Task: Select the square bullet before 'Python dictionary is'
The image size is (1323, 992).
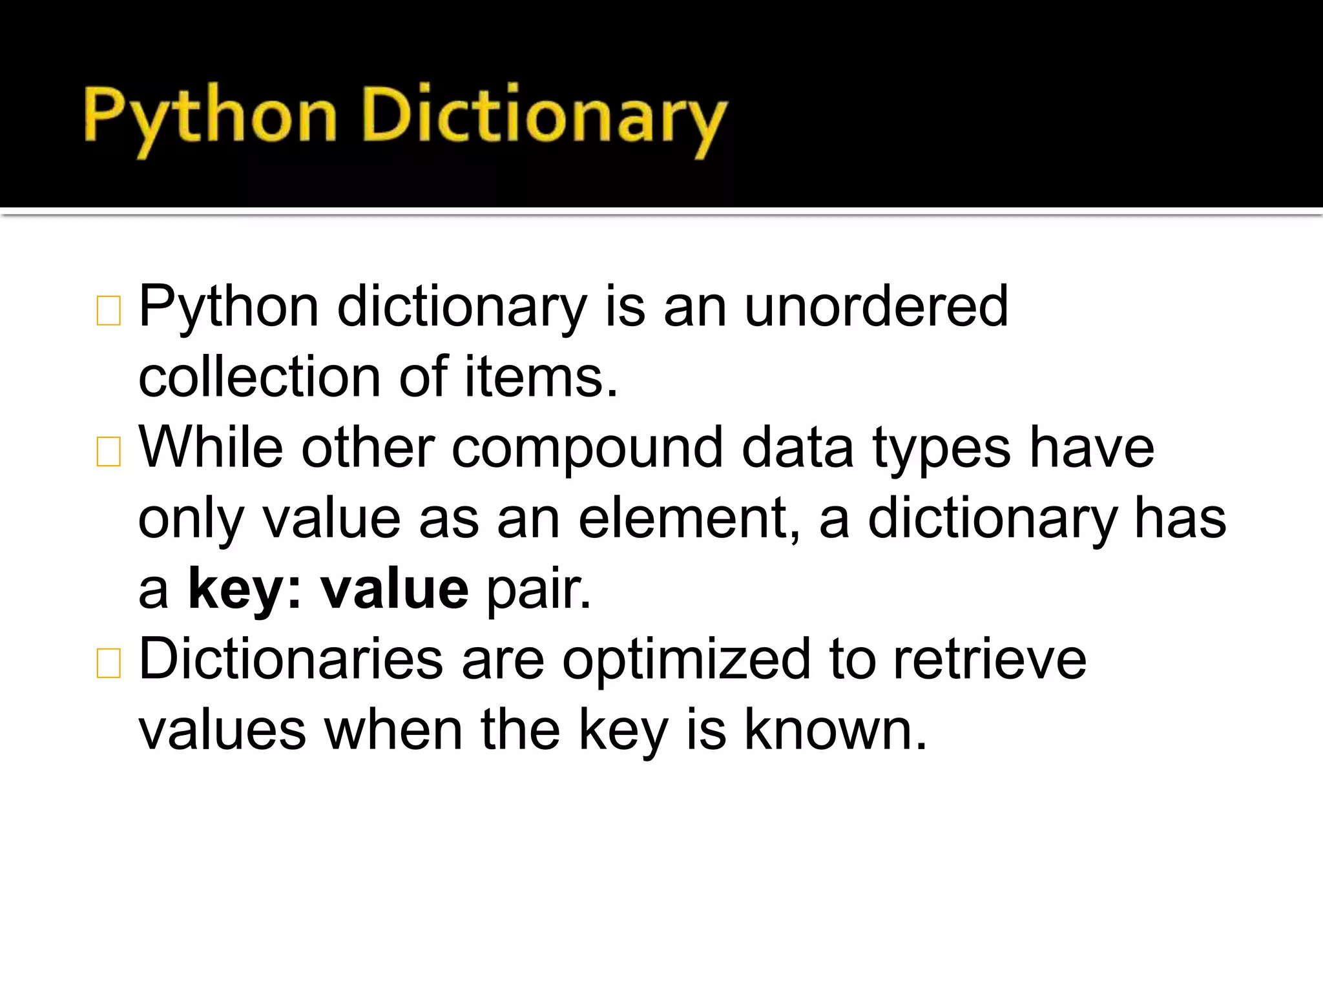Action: [x=109, y=311]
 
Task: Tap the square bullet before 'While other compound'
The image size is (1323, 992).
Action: [x=109, y=451]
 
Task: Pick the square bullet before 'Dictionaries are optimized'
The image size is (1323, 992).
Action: [x=109, y=663]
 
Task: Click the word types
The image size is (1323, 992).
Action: [x=941, y=449]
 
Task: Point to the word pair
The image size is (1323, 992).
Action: [x=538, y=590]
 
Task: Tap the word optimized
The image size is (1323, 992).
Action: [x=686, y=660]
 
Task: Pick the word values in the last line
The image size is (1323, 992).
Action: [x=222, y=730]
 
